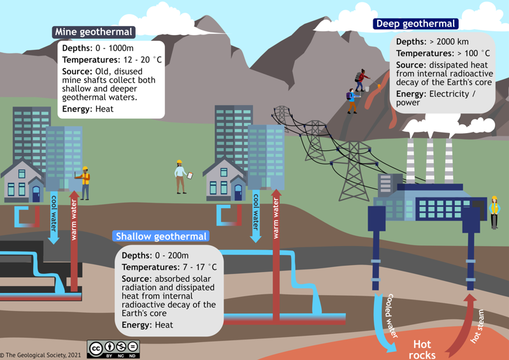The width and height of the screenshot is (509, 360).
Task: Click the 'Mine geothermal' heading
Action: tap(94, 32)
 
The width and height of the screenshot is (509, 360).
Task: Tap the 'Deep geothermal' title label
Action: tap(416, 24)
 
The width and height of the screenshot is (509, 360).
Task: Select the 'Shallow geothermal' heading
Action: tap(161, 236)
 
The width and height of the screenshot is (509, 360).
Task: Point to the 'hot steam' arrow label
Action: tap(477, 326)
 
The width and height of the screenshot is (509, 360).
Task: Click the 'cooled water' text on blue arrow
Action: tap(392, 315)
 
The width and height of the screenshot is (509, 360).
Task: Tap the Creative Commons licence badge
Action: tap(114, 349)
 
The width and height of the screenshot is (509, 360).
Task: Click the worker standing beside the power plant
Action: tap(494, 212)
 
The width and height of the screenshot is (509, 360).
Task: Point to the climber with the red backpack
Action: tap(362, 80)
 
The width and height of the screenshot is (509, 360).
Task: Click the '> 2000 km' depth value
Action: tap(449, 42)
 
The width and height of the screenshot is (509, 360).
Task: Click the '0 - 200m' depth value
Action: tap(171, 256)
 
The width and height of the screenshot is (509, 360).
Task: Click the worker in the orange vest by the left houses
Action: tap(84, 183)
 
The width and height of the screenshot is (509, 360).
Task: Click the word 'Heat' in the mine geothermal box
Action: tap(104, 109)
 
